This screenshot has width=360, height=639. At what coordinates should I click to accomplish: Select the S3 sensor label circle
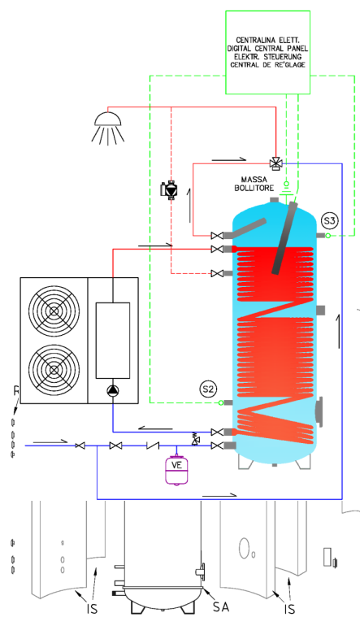click(x=329, y=220)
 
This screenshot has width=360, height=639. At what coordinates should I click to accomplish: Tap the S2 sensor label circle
click(x=208, y=389)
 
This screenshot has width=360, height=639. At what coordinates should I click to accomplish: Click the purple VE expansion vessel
click(x=176, y=469)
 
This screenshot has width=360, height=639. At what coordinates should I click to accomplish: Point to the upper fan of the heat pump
click(x=54, y=311)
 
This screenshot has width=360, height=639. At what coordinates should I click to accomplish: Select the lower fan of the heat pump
click(x=54, y=369)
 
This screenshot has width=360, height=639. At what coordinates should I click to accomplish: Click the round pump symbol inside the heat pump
click(x=113, y=390)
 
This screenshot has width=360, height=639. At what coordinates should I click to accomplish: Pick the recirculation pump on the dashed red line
click(x=170, y=189)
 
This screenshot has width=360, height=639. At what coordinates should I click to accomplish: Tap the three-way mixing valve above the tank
click(x=276, y=164)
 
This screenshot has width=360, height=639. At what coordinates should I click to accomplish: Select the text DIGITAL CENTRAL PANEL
click(x=267, y=49)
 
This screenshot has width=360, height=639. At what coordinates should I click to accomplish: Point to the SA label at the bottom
click(x=221, y=606)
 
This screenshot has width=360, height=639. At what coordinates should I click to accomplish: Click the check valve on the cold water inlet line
click(x=152, y=446)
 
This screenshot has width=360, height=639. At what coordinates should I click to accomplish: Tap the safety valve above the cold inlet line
click(x=196, y=438)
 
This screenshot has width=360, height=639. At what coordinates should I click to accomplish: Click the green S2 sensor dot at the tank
click(x=221, y=402)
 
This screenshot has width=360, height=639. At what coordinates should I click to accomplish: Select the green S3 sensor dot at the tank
click(x=327, y=236)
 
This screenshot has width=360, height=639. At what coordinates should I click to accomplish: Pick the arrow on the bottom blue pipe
click(x=219, y=495)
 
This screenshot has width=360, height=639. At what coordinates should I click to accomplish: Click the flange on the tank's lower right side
click(x=319, y=411)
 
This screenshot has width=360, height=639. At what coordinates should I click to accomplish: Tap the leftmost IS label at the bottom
click(x=93, y=609)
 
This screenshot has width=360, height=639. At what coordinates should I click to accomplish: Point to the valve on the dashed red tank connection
click(x=217, y=273)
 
